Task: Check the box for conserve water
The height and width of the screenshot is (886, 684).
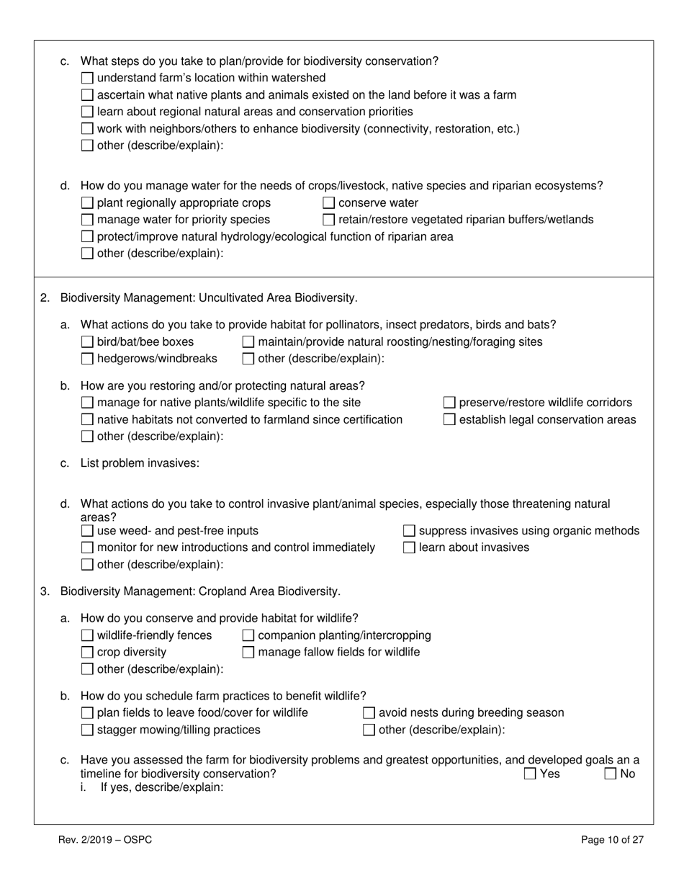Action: click(328, 203)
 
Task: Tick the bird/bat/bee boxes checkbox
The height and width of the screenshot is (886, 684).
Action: click(87, 342)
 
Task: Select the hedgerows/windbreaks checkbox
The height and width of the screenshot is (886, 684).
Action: click(87, 359)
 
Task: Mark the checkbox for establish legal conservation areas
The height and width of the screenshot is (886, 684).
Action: click(449, 420)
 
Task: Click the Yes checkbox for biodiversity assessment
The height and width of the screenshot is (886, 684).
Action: click(530, 774)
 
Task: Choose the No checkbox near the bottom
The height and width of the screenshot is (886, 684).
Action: click(611, 774)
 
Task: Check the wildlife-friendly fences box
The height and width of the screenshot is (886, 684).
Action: click(87, 635)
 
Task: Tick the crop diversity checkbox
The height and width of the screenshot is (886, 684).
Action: click(87, 653)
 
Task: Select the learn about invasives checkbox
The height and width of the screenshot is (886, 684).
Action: click(409, 548)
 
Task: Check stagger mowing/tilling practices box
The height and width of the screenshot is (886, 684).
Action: click(87, 730)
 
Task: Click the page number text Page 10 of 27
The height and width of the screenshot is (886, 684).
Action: click(612, 840)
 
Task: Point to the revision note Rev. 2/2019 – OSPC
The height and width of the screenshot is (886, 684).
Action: click(105, 840)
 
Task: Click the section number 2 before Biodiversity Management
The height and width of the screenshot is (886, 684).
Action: click(45, 297)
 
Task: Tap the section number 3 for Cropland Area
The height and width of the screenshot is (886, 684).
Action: click(45, 591)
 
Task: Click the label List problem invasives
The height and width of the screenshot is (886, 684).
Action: click(140, 463)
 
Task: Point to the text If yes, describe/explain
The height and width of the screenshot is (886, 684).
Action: click(162, 788)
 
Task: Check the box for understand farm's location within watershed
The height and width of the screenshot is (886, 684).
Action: click(87, 78)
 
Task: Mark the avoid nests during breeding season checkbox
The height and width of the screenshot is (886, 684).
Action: click(369, 713)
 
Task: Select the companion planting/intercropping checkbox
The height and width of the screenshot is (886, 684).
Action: click(248, 635)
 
